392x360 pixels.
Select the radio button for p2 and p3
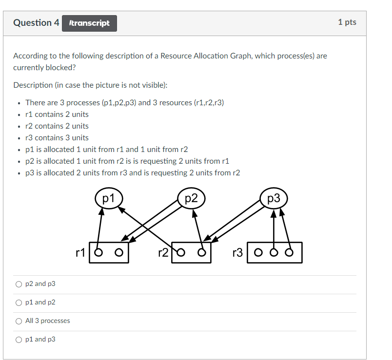(19, 284)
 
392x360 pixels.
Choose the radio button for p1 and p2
(19, 303)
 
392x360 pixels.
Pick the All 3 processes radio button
(19, 321)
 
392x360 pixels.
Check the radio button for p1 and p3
(19, 340)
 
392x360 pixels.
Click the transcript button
(90, 23)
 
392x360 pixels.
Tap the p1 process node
(108, 198)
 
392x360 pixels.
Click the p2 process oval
(191, 198)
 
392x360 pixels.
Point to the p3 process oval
(274, 198)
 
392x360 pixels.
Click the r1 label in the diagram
(81, 252)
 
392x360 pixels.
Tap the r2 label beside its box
(164, 252)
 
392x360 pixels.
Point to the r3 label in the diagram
(237, 252)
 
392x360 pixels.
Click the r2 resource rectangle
(192, 252)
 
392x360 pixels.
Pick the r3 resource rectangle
(274, 252)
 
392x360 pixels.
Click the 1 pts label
(347, 22)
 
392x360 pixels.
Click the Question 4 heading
(36, 23)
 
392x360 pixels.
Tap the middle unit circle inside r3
(274, 253)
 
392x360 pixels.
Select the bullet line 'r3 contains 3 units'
(57, 138)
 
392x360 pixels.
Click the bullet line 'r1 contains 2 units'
(57, 114)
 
